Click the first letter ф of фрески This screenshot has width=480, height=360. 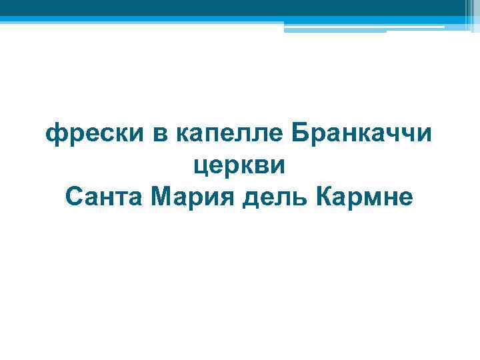click(54, 136)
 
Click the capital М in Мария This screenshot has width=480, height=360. click(161, 196)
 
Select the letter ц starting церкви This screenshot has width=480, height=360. click(200, 167)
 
